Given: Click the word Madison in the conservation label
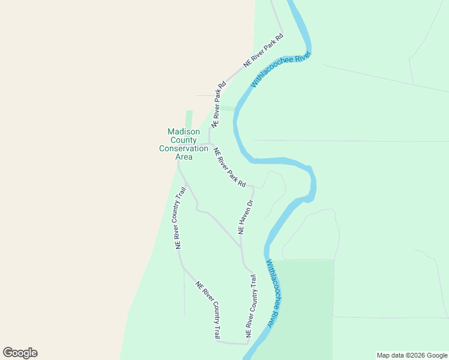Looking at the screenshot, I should click(x=183, y=131).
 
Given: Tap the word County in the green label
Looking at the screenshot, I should click(x=183, y=140).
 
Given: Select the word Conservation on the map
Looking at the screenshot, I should click(x=183, y=148).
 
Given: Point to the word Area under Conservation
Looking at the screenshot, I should click(x=184, y=157).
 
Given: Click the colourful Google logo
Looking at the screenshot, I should click(x=20, y=353).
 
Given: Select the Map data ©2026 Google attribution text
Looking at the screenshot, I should click(x=412, y=355).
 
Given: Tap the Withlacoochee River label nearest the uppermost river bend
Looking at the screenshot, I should click(x=281, y=70).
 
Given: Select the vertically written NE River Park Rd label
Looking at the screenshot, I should click(x=218, y=103).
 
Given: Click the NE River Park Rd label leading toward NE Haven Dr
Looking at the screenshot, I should click(x=230, y=167).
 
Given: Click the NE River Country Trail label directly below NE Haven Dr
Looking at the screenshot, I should click(x=251, y=305).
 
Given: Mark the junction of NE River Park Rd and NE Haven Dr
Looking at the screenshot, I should click(x=253, y=187).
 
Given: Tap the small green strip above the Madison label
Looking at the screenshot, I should click(x=189, y=118).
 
